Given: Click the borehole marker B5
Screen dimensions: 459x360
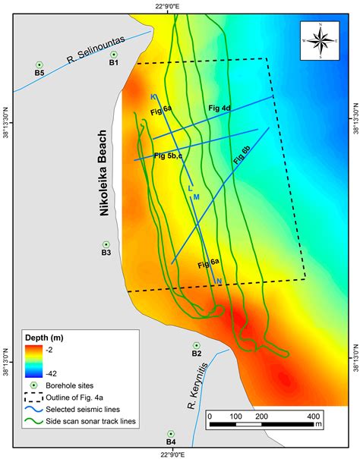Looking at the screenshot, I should coord(40,64).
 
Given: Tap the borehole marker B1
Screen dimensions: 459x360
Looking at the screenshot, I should coord(114,55).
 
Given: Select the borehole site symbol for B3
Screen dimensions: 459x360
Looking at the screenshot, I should coord(106,244).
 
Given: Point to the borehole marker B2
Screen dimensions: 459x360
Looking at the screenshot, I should coord(196,345).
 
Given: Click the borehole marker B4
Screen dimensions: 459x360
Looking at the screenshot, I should coord(171,433).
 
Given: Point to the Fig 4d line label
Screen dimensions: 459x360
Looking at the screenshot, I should coord(219,109).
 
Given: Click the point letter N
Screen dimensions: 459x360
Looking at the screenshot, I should coord(219,282).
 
